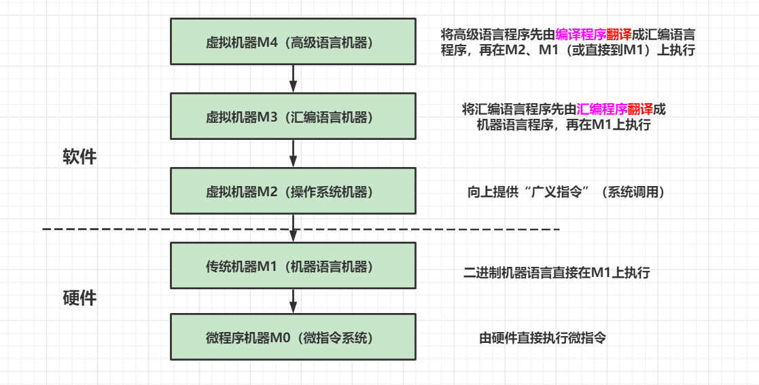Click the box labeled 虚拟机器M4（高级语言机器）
[293, 42]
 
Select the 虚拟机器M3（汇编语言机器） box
[293, 117]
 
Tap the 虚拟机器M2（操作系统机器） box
[293, 191]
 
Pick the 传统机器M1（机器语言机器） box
[293, 265]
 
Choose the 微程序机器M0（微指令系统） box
[293, 337]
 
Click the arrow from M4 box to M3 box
[293, 79]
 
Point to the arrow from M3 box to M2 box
[293, 153]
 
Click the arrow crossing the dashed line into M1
[293, 228]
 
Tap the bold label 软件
[80, 158]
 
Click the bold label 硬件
[80, 297]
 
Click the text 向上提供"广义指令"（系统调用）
[566, 192]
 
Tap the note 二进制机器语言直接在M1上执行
[557, 273]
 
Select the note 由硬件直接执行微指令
[543, 337]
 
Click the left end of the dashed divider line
[46, 230]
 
